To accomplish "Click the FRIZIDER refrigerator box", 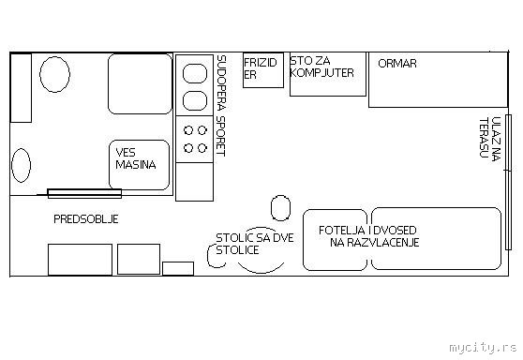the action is point(263,70).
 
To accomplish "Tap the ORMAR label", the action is point(397,64).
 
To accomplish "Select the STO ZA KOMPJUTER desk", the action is point(328,74).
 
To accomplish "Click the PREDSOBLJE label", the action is point(86,218).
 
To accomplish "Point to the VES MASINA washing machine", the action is point(139,165).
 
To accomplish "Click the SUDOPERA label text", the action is point(221,82).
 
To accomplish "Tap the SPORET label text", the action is point(221,136).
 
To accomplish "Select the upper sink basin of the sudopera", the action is point(195,73).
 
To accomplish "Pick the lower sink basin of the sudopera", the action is point(195,100).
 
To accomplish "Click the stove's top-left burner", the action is point(188,130).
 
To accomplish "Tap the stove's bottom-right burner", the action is point(202,148).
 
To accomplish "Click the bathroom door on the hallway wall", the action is point(84,193).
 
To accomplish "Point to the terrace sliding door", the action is point(508,182).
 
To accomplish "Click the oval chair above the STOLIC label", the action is point(280,208).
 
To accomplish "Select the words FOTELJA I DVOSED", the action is point(367,231).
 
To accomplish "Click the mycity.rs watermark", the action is point(483,348).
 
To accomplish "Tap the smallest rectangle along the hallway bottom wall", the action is point(178,268).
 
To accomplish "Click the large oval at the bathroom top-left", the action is point(54,74).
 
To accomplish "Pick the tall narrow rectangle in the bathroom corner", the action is point(21,88).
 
